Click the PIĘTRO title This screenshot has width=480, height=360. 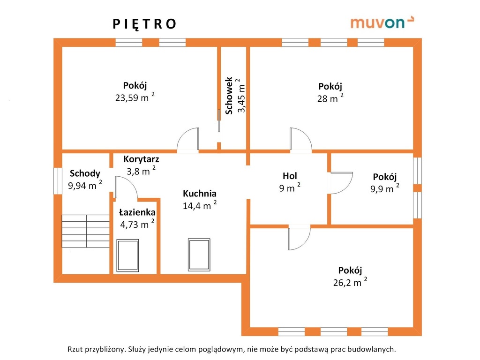tap(144, 24)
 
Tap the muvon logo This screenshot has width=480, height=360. tap(382, 22)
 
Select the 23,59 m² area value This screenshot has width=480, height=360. tap(135, 97)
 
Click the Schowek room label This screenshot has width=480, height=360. tap(229, 96)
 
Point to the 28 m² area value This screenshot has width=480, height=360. tap(330, 98)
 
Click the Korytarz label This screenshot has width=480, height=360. tap(141, 159)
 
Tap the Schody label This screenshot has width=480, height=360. tap(85, 173)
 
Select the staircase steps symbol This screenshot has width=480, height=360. tap(86, 231)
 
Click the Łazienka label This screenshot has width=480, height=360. tap(137, 212)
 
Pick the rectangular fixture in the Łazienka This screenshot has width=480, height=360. tap(127, 255)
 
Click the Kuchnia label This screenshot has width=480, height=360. tap(200, 194)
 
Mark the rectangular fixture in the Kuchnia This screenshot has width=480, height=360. tap(199, 255)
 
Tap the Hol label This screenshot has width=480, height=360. tap(290, 176)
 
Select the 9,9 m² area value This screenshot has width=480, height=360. tap(385, 188)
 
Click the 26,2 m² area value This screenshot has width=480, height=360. tap(350, 282)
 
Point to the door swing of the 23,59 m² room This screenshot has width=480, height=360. tap(187, 139)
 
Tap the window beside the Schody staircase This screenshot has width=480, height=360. tap(58, 180)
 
